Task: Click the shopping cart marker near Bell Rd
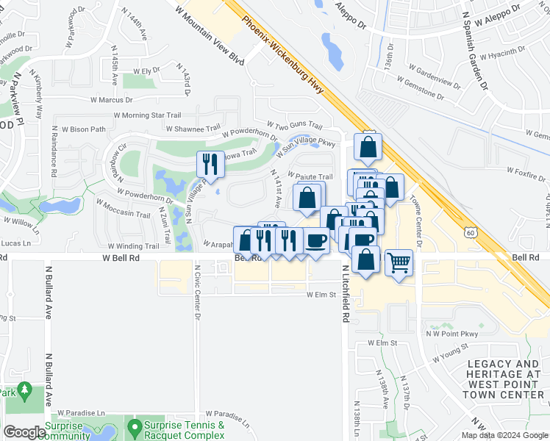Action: click(399, 262)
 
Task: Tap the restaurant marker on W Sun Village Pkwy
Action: click(211, 165)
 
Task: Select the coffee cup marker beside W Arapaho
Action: click(316, 240)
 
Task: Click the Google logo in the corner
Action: click(24, 432)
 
